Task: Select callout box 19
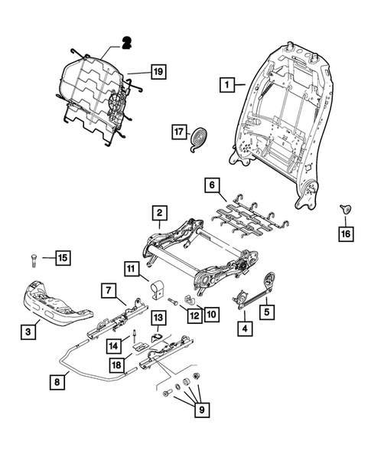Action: (158, 73)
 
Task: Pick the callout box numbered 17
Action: (178, 132)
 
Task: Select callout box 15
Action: (62, 257)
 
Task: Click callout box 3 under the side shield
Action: (28, 331)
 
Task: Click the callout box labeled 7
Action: (108, 289)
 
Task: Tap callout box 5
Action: (266, 312)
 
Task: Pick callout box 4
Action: (245, 329)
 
